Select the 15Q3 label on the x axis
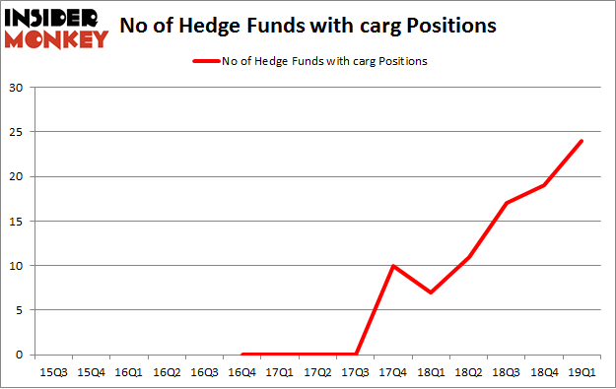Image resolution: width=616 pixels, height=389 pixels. pyautogui.click(x=52, y=372)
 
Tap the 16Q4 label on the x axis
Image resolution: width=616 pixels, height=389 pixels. pyautogui.click(x=242, y=372)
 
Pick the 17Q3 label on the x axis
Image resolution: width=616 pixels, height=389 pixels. pyautogui.click(x=356, y=372)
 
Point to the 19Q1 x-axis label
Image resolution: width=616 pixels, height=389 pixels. pyautogui.click(x=582, y=372)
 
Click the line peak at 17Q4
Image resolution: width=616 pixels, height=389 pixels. pyautogui.click(x=393, y=266)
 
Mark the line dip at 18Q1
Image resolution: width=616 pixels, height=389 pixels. pyautogui.click(x=431, y=292)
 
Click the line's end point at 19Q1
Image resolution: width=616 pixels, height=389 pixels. pyautogui.click(x=582, y=141)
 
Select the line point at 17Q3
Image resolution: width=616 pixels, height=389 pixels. pyautogui.click(x=356, y=355)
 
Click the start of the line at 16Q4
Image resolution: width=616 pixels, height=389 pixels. pyautogui.click(x=242, y=355)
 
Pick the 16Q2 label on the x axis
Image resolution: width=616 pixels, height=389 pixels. pyautogui.click(x=167, y=372)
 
